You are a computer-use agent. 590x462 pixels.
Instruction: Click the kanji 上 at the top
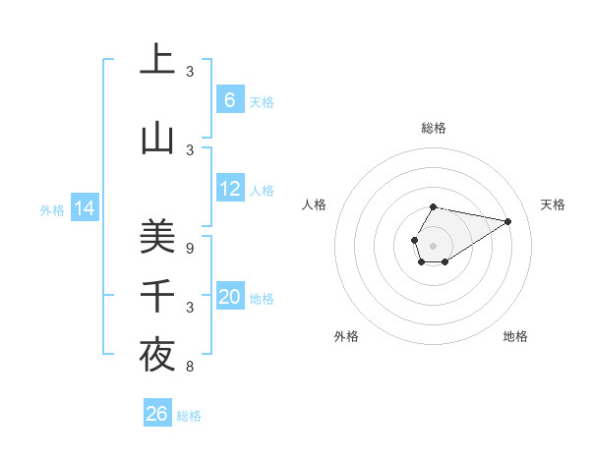point(157,60)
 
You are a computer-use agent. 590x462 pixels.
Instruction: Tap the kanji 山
point(157,139)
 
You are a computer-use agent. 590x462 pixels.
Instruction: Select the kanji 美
point(157,235)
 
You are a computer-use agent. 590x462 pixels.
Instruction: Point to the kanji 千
point(157,296)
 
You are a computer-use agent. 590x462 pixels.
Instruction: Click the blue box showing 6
point(229,99)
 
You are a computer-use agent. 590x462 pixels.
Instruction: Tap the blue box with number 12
point(229,189)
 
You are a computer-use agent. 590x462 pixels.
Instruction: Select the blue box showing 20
point(229,297)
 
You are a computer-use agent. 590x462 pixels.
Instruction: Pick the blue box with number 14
point(84,208)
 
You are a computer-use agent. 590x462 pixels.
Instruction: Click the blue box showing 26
point(156,414)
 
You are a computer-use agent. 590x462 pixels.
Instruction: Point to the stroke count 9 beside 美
point(190,249)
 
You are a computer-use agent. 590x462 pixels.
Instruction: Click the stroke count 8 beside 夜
point(190,367)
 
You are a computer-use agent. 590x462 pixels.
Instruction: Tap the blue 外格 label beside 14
point(52,209)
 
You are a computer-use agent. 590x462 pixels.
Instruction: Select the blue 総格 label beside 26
point(189,416)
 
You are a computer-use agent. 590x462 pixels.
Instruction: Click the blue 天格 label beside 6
point(262,101)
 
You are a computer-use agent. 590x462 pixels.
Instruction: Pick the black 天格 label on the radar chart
point(553,204)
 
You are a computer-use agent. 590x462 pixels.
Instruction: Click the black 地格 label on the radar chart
point(515,336)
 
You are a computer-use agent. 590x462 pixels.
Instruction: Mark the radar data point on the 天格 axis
point(508,221)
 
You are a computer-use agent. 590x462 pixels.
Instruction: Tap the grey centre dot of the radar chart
point(433,245)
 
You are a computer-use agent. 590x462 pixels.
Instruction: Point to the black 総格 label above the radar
point(434,128)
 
